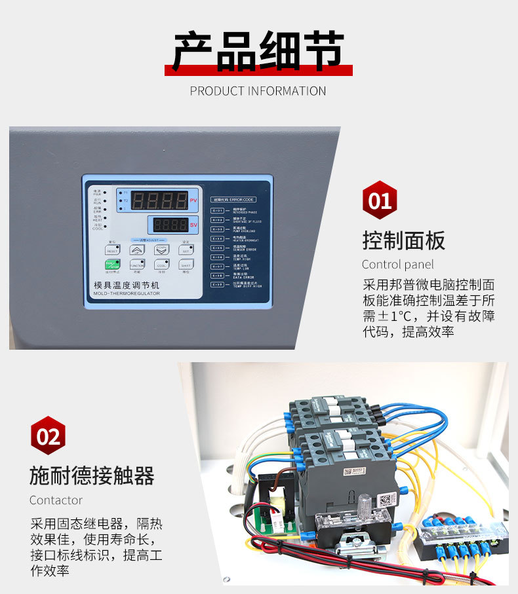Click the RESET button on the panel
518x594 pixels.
pyautogui.click(x=112, y=250)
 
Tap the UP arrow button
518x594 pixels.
pyautogui.click(x=137, y=250)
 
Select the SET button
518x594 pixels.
pyautogui.click(x=186, y=250)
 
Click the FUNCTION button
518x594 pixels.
pyautogui.click(x=137, y=265)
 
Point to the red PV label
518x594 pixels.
pyautogui.click(x=193, y=201)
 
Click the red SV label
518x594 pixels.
pyautogui.click(x=193, y=225)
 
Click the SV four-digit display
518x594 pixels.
pyautogui.click(x=169, y=225)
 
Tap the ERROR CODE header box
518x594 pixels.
pyautogui.click(x=233, y=198)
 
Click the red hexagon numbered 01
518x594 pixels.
pyautogui.click(x=380, y=200)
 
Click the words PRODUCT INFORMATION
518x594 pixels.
pyautogui.click(x=258, y=91)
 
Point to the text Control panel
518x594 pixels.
pyautogui.click(x=397, y=265)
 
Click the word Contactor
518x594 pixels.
pyautogui.click(x=56, y=500)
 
